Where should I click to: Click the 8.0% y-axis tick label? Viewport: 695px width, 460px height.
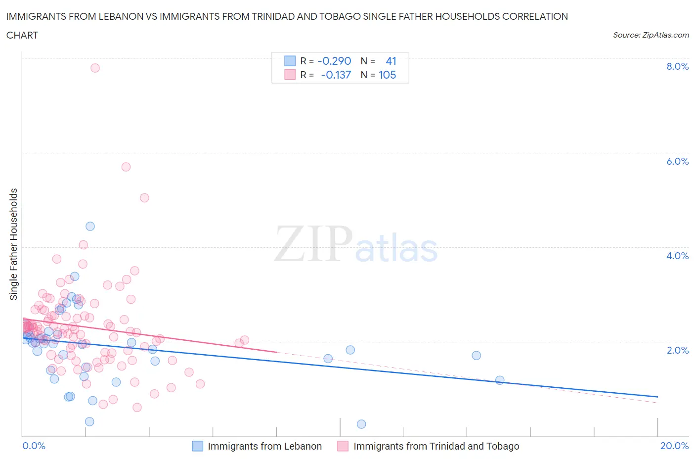tap(677, 66)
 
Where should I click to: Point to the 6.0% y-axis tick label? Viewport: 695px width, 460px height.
tap(677, 161)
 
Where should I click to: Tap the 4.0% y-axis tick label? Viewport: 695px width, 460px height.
tap(677, 256)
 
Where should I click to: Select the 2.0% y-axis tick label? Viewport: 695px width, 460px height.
tap(677, 350)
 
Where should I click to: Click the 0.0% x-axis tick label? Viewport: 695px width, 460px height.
tap(34, 446)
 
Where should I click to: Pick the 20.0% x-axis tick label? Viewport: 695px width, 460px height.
tap(674, 446)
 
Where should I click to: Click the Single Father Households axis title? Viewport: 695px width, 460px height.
tap(14, 244)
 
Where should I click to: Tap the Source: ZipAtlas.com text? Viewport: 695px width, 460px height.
tap(651, 35)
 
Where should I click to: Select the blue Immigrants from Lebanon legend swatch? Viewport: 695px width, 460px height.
tap(197, 446)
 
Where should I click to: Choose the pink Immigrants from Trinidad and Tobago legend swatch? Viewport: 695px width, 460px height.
tap(343, 446)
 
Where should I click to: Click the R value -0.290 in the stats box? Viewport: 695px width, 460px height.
tap(334, 61)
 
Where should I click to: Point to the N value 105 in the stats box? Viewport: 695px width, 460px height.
tap(387, 75)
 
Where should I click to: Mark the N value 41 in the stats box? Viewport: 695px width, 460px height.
tap(391, 61)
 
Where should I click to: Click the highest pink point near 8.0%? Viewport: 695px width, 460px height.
tap(95, 68)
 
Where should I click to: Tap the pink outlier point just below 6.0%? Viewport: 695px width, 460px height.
tap(126, 167)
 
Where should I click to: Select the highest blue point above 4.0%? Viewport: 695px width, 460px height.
tap(90, 226)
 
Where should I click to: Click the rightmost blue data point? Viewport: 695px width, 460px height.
tap(500, 380)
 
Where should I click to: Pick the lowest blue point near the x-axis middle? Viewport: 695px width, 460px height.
tap(361, 424)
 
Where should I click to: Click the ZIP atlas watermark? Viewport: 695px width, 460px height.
tap(356, 245)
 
